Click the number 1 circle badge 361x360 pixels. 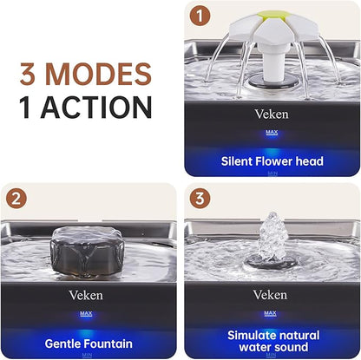pyautogui.click(x=200, y=16)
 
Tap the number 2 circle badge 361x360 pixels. pyautogui.click(x=16, y=199)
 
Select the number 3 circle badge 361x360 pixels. pyautogui.click(x=200, y=199)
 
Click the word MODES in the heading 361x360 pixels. pyautogui.click(x=98, y=74)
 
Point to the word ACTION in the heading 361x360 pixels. pyautogui.click(x=97, y=107)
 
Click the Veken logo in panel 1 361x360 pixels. pyautogui.click(x=272, y=115)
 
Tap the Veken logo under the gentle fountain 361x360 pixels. pyautogui.click(x=86, y=295)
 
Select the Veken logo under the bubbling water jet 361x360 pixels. pyautogui.click(x=270, y=295)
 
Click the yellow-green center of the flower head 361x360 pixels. pyautogui.click(x=272, y=16)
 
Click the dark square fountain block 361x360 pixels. pyautogui.click(x=87, y=252)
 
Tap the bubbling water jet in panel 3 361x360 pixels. pyautogui.click(x=272, y=236)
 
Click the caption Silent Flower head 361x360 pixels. pyautogui.click(x=272, y=161)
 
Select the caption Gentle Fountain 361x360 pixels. pyautogui.click(x=89, y=344)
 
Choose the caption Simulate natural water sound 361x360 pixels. pyautogui.click(x=273, y=341)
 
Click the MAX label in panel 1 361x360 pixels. pyautogui.click(x=272, y=133)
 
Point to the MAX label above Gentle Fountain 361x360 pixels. pyautogui.click(x=86, y=314)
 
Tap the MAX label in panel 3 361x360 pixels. pyautogui.click(x=270, y=313)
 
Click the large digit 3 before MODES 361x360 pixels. pyautogui.click(x=28, y=74)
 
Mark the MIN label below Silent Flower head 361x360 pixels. pyautogui.click(x=272, y=173)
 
